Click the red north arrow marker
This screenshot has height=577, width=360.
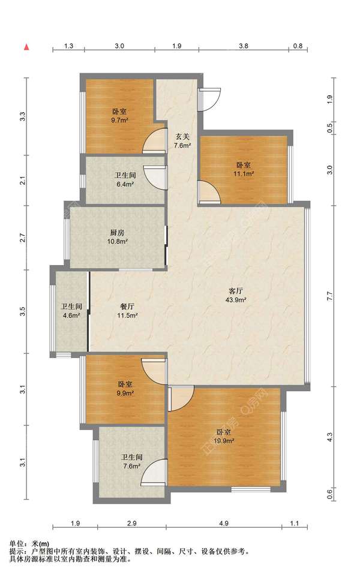click(26, 47)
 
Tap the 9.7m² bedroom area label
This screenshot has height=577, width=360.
click(119, 116)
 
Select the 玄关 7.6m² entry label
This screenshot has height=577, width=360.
click(182, 141)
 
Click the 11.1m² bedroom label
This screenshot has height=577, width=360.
click(244, 169)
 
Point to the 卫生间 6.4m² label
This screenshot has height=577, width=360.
click(125, 179)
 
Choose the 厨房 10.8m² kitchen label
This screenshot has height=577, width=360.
click(117, 237)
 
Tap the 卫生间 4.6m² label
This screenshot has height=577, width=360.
click(71, 311)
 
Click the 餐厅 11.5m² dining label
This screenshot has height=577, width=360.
click(127, 311)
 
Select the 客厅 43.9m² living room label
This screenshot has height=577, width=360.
click(236, 295)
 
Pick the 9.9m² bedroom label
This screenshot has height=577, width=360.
click(125, 388)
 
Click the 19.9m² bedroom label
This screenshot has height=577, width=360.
click(224, 436)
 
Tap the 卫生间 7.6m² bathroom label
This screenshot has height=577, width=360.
click(131, 461)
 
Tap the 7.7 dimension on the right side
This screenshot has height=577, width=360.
click(329, 296)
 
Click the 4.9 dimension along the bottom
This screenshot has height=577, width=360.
click(224, 523)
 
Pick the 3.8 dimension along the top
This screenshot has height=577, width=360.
click(244, 46)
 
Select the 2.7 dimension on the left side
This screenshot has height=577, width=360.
click(22, 238)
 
